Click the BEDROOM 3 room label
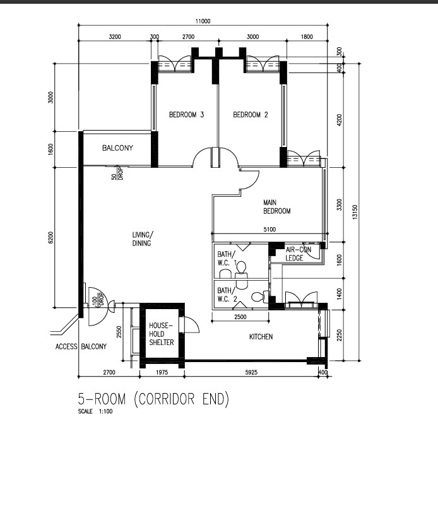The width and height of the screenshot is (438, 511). pyautogui.click(x=187, y=115)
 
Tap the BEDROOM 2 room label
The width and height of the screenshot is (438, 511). pyautogui.click(x=251, y=115)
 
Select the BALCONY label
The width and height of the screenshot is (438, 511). pyautogui.click(x=118, y=148)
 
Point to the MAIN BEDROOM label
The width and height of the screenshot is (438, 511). pyautogui.click(x=277, y=207)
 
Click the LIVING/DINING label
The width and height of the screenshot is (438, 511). pyautogui.click(x=143, y=239)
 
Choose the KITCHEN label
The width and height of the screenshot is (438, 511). pyautogui.click(x=261, y=337)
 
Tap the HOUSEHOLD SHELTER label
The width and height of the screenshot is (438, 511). pyautogui.click(x=162, y=334)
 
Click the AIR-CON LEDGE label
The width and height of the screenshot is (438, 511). pyautogui.click(x=299, y=254)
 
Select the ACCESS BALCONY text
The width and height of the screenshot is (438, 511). pyautogui.click(x=81, y=346)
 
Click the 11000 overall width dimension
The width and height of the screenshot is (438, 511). pyautogui.click(x=203, y=21)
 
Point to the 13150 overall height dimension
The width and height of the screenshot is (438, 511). pyautogui.click(x=355, y=212)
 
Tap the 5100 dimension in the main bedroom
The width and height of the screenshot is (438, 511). pyautogui.click(x=269, y=230)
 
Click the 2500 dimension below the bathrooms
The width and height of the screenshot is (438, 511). pyautogui.click(x=240, y=317)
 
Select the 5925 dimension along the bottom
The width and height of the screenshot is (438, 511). pyautogui.click(x=251, y=372)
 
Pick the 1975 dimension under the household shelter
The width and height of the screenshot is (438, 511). pyautogui.click(x=162, y=372)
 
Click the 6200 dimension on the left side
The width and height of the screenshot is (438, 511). pyautogui.click(x=50, y=237)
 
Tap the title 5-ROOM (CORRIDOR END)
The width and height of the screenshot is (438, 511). pyautogui.click(x=153, y=399)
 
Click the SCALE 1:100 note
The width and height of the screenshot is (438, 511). pyautogui.click(x=95, y=411)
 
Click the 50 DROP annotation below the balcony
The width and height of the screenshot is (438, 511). pyautogui.click(x=117, y=173)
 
